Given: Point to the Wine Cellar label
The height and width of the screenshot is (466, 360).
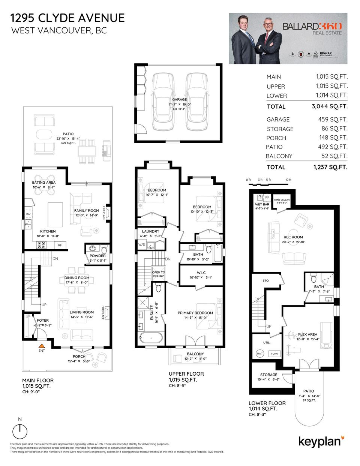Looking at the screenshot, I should pyautogui.click(x=282, y=200).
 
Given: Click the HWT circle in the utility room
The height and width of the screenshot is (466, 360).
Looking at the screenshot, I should pyautogui.click(x=260, y=354).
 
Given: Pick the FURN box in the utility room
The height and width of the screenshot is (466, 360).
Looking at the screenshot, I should pyautogui.click(x=274, y=354).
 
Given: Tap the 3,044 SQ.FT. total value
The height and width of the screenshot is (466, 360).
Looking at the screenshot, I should pyautogui.click(x=330, y=106).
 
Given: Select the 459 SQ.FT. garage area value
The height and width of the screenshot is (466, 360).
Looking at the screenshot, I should pyautogui.click(x=333, y=120).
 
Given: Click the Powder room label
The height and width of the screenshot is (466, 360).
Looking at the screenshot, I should pyautogui.click(x=97, y=256).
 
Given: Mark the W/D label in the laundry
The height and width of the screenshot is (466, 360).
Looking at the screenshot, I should pyautogui.click(x=142, y=244).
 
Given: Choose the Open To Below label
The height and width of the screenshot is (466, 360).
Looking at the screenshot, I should pyautogui.click(x=158, y=274).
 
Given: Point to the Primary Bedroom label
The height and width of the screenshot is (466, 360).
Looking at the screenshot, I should pyautogui.click(x=195, y=313).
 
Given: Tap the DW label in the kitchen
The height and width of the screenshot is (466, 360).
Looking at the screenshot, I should pyautogui.click(x=28, y=214).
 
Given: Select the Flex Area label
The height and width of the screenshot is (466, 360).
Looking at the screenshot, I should pyautogui.click(x=307, y=334).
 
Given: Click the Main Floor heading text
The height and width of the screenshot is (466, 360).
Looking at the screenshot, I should pyautogui.click(x=37, y=380).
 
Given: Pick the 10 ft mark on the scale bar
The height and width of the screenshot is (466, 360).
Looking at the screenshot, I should pyautogui.click(x=288, y=180).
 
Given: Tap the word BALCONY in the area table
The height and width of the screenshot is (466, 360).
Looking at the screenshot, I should pyautogui.click(x=279, y=156).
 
